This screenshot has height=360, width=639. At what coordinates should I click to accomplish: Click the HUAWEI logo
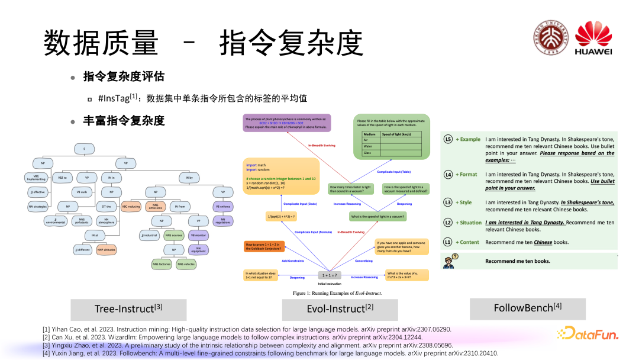tap(593, 39)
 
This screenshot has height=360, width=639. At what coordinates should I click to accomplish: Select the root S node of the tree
tap(85, 148)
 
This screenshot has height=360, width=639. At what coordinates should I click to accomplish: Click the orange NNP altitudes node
tap(103, 250)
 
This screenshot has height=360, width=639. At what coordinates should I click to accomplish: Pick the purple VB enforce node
tap(223, 207)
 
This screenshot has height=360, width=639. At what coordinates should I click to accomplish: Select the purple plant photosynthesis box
tap(287, 123)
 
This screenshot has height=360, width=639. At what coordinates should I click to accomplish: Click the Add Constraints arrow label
tap(292, 261)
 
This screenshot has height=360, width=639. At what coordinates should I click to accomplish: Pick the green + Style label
tap(464, 202)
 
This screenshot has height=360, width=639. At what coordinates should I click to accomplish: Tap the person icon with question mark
tap(449, 261)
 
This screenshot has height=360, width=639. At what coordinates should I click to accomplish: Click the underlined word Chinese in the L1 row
tap(543, 242)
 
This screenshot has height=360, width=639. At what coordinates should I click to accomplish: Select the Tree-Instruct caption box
tap(128, 309)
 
